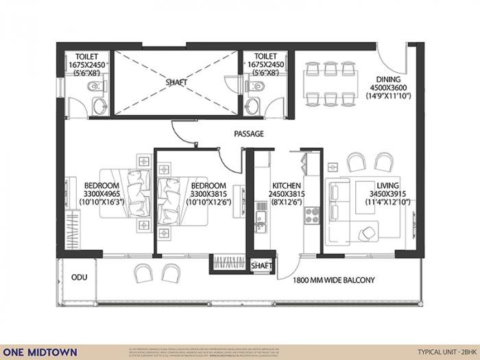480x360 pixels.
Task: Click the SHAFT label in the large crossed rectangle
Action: point(176,82)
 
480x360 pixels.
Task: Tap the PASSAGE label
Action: point(248,134)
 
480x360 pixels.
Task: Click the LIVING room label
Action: point(389,185)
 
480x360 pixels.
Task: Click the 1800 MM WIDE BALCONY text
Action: point(333,280)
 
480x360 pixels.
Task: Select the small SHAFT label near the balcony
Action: point(261,265)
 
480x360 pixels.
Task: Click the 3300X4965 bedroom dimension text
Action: point(102,194)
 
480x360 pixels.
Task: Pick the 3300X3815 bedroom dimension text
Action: point(208,194)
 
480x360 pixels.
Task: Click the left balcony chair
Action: point(143,273)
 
